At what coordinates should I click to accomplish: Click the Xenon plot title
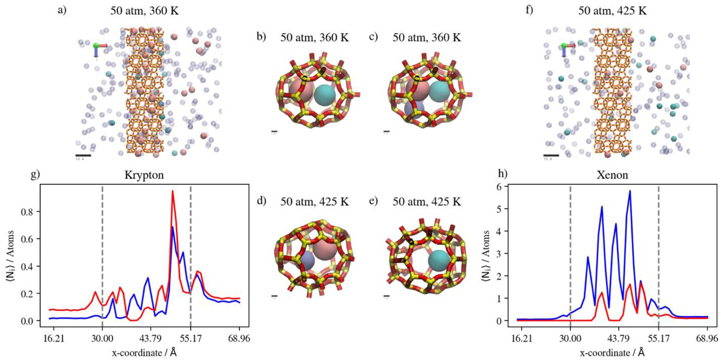coord(612,175)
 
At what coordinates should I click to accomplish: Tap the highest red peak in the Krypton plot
coord(173,191)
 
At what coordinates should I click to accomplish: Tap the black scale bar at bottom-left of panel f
coord(551,155)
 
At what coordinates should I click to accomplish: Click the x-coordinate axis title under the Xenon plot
coord(612,352)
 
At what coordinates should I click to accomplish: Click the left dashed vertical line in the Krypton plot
coord(102,253)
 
